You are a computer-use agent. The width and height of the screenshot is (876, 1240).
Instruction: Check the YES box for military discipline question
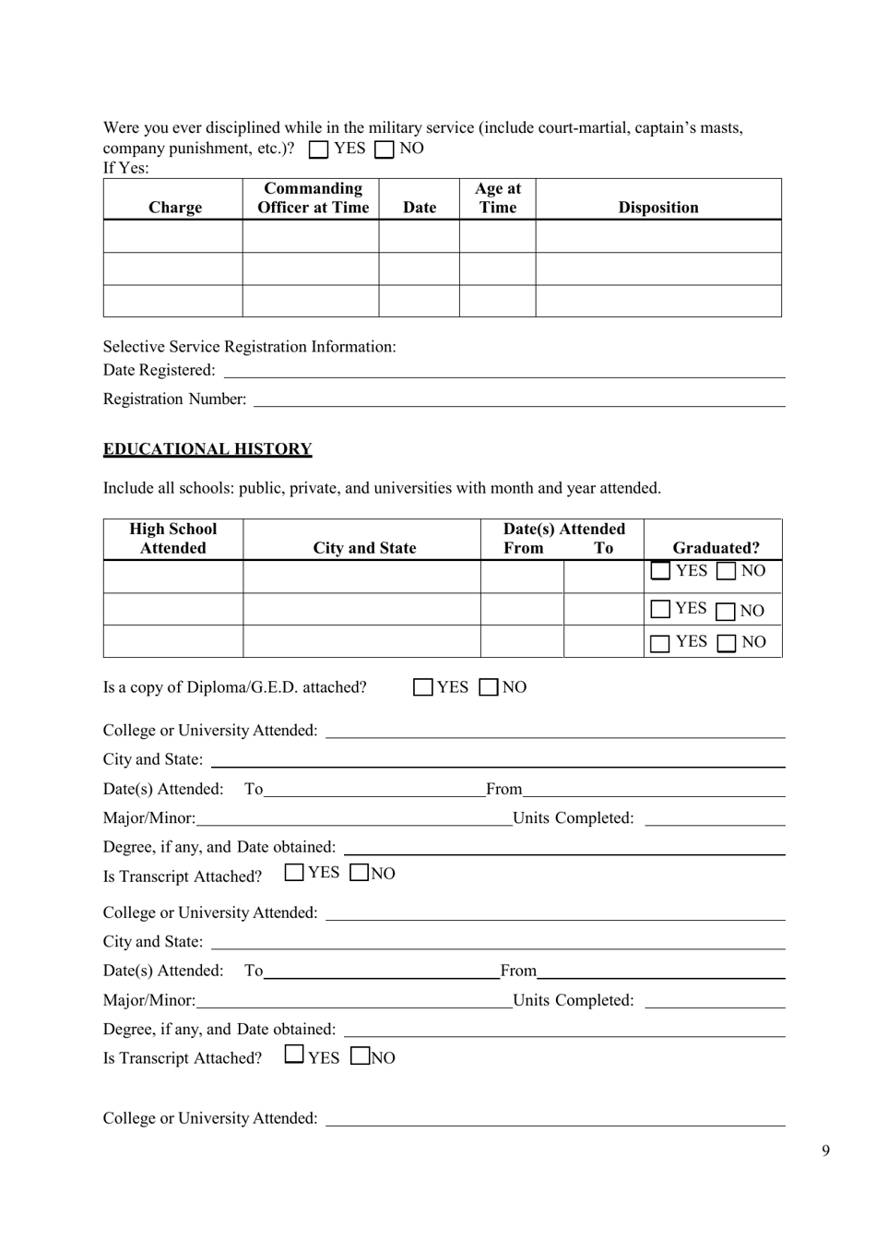click(319, 149)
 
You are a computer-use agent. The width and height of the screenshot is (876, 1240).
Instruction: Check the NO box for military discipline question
click(385, 149)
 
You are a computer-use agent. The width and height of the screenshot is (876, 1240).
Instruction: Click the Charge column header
click(174, 208)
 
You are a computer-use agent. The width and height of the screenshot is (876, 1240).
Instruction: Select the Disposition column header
click(657, 208)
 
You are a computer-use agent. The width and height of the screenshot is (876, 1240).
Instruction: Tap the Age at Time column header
click(497, 198)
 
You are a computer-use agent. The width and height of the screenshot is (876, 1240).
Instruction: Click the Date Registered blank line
click(504, 371)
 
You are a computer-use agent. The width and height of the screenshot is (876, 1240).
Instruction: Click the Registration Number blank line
click(519, 399)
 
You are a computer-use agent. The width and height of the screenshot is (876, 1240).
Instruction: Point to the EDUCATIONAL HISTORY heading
click(207, 449)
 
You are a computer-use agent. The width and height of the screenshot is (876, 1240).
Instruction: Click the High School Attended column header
click(173, 539)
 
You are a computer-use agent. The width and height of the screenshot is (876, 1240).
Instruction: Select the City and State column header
click(364, 548)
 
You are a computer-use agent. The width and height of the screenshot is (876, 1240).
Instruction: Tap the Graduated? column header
click(716, 548)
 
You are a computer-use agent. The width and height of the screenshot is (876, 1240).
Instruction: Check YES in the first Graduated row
click(660, 571)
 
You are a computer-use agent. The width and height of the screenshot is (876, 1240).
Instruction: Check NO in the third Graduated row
click(728, 643)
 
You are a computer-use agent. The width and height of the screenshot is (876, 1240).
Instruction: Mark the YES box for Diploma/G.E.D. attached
click(423, 687)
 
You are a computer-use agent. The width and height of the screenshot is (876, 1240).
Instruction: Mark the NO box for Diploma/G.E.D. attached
click(490, 687)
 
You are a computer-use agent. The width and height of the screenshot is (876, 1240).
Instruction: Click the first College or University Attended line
click(555, 731)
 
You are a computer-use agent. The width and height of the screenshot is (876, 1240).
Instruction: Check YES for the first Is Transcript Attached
click(294, 872)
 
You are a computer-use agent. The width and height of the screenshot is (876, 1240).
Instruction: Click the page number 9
click(825, 1151)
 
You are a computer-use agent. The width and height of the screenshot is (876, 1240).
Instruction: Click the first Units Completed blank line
click(715, 818)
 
